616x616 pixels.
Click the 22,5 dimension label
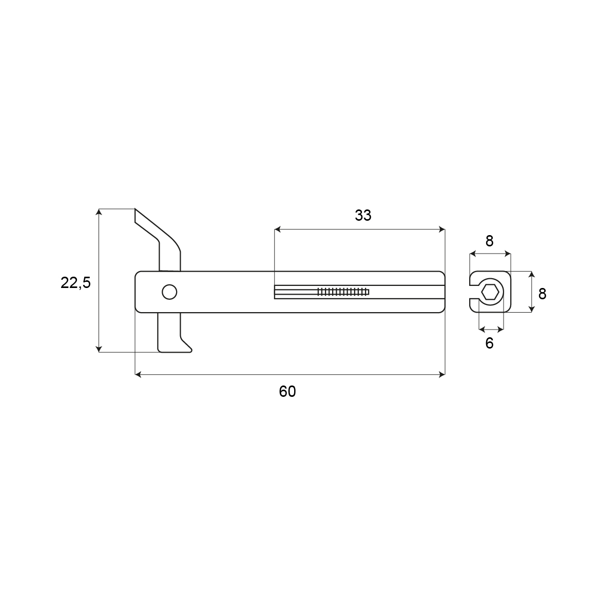76,283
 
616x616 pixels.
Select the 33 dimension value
363,216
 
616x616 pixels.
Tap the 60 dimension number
287,392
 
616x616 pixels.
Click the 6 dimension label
489,343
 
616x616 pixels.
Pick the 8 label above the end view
489,241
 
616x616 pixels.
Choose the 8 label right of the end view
542,294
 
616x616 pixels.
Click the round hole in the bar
169,292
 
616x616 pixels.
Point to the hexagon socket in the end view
490,292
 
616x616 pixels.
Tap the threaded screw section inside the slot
343,292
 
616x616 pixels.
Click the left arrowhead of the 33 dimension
278,229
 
